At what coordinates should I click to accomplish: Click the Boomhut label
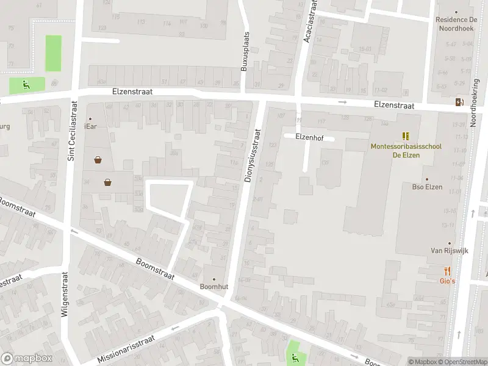point(213,286)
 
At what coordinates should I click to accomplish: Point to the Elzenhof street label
point(309,137)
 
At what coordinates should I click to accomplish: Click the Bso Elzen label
point(427,187)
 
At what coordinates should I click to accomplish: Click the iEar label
point(91,126)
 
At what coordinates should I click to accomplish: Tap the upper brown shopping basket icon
point(98,160)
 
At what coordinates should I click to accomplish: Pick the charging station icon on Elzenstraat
point(459,102)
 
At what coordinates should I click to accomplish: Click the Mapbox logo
point(27,359)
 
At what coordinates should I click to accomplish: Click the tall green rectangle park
point(54,53)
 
